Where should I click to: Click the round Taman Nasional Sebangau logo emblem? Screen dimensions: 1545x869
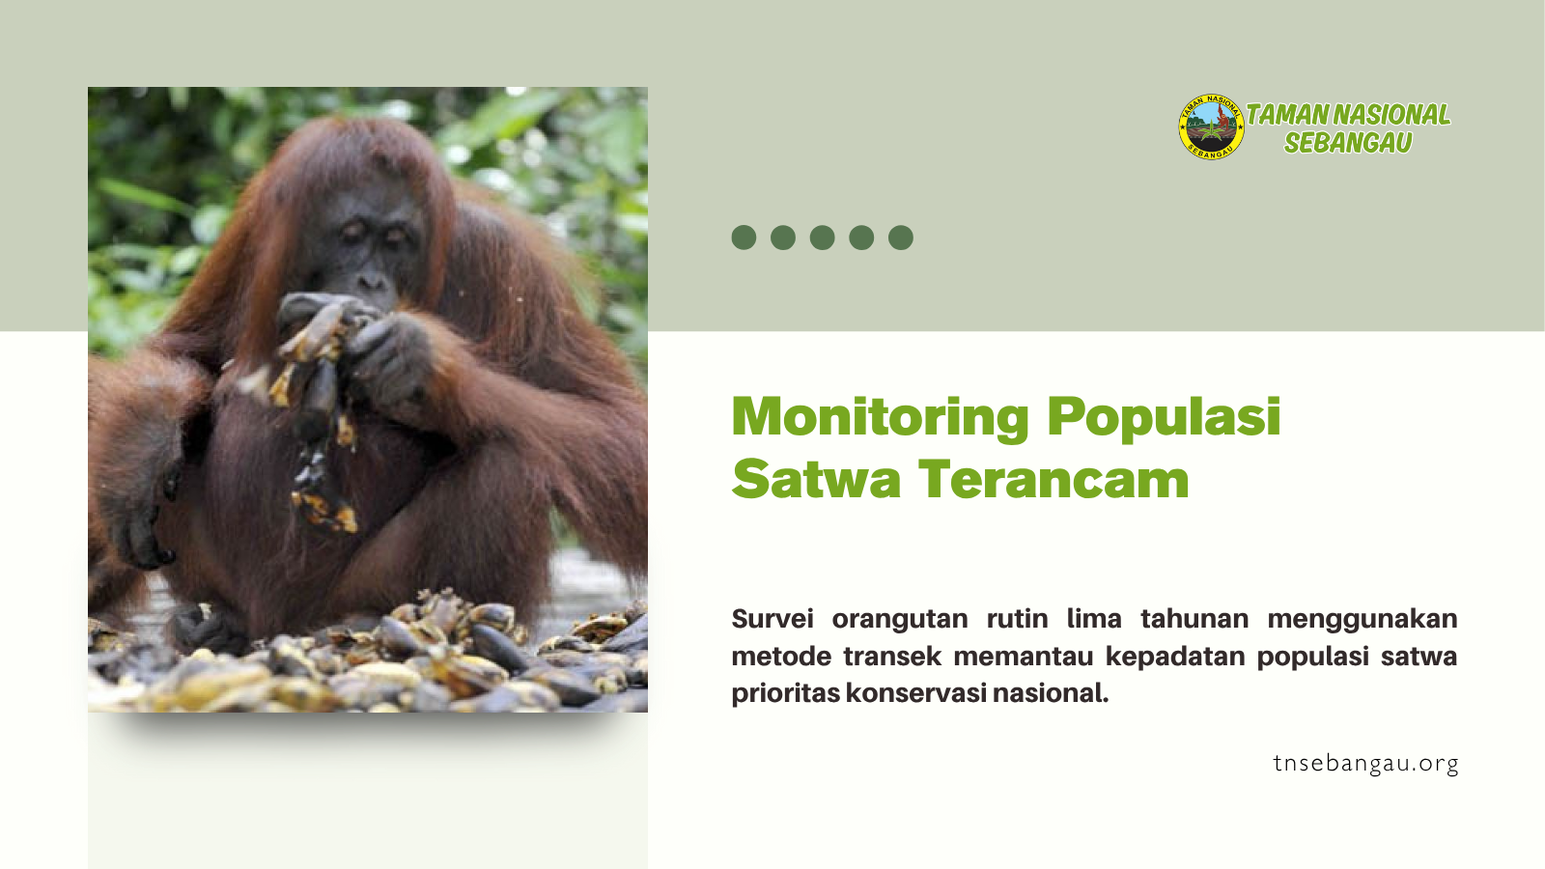pyautogui.click(x=1211, y=126)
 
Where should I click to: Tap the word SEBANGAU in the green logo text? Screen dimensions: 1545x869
pyautogui.click(x=1348, y=143)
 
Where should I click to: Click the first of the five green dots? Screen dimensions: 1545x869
pyautogui.click(x=744, y=238)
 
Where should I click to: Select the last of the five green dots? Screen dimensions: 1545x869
pyautogui.click(x=901, y=238)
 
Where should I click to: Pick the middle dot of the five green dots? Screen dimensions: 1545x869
pyautogui.click(x=822, y=238)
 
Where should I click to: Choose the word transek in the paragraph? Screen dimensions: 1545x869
pyautogui.click(x=892, y=656)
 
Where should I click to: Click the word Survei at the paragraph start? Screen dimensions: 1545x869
pyautogui.click(x=772, y=619)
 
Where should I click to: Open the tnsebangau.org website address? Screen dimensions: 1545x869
pyautogui.click(x=1365, y=764)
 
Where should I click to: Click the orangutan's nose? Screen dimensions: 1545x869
pyautogui.click(x=373, y=281)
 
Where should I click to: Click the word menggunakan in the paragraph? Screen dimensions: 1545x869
pyautogui.click(x=1362, y=619)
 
